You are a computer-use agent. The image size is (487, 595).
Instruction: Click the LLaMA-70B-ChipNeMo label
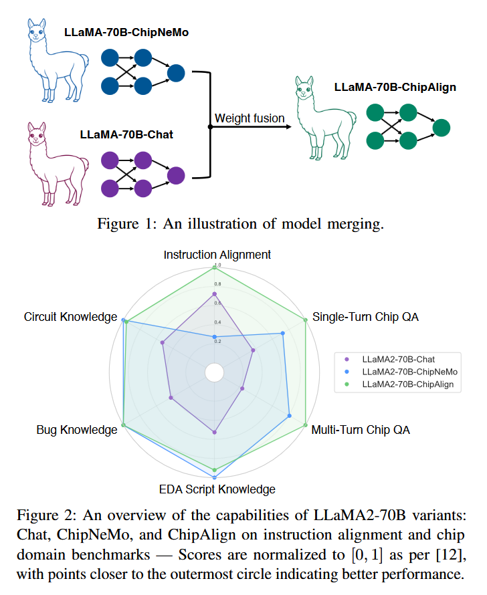[126, 31]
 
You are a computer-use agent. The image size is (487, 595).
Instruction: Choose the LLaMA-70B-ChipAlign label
[395, 87]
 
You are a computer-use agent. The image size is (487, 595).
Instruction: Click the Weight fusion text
[250, 118]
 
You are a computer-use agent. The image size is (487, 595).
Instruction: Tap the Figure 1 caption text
[241, 224]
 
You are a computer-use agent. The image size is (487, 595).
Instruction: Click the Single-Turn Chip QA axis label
[365, 317]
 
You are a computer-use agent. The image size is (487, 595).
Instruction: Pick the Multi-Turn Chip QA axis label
[361, 429]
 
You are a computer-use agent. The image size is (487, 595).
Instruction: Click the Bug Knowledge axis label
[77, 429]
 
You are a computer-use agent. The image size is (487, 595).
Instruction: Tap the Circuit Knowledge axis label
[71, 317]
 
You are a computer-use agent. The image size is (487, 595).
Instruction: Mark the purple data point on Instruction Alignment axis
[215, 294]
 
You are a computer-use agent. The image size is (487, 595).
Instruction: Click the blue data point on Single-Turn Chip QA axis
[283, 334]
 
